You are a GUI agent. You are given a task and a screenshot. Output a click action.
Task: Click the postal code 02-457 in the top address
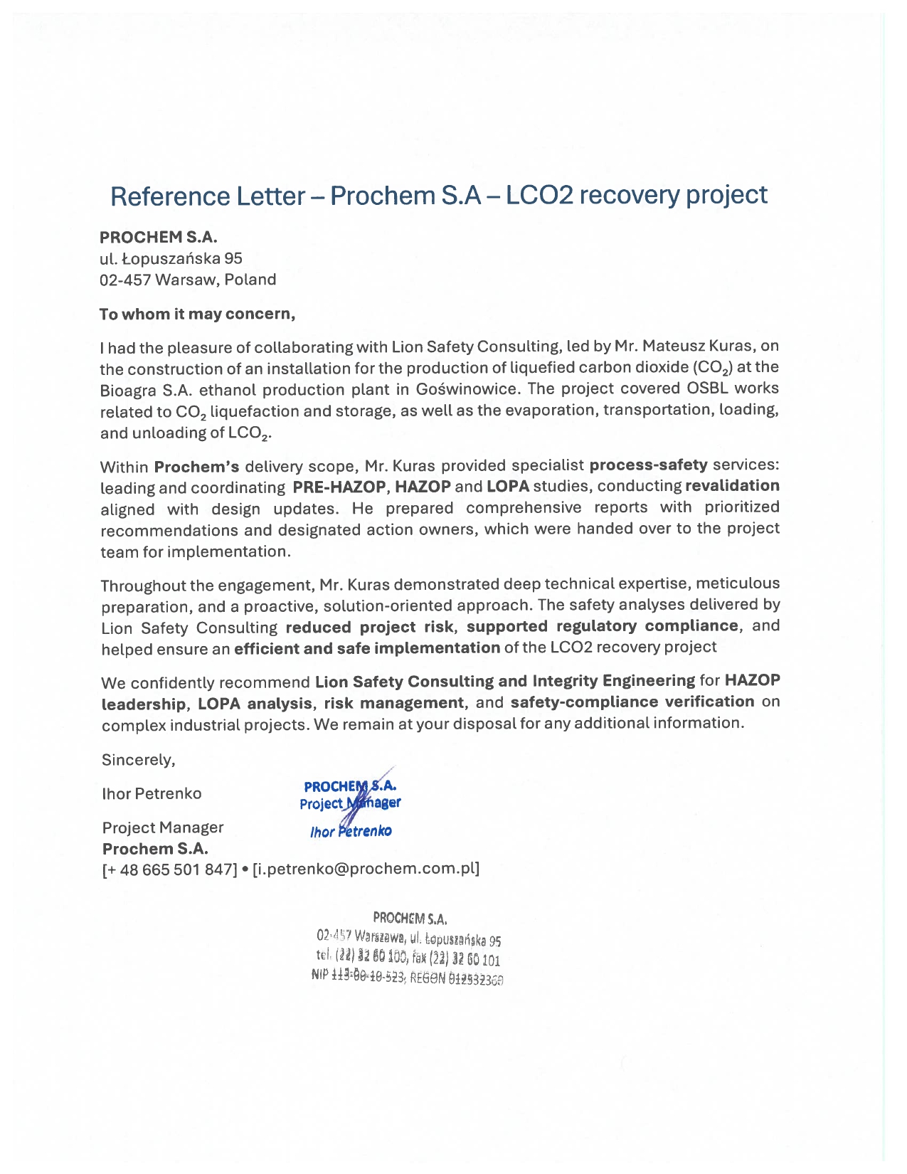pos(125,280)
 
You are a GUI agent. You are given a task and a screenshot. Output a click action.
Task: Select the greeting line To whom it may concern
pos(197,314)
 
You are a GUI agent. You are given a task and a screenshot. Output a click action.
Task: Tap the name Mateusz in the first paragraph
pos(674,347)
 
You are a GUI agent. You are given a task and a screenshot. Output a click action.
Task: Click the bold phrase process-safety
pos(648,465)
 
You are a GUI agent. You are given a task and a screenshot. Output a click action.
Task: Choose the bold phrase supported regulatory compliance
pos(603,626)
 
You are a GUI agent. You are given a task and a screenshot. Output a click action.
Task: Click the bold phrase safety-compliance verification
pos(632,702)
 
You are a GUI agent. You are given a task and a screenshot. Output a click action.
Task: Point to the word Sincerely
pos(138,760)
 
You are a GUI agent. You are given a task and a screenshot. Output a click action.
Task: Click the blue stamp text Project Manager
pos(350,803)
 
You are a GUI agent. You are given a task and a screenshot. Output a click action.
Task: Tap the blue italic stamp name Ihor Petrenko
pos(351,831)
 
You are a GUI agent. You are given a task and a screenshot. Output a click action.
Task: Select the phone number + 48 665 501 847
pos(170,869)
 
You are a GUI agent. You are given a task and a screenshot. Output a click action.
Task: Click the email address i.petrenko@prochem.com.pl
pos(366,869)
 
